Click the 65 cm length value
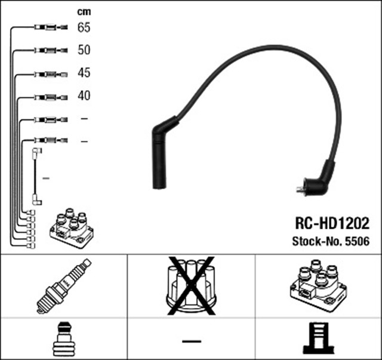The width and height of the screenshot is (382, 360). click(84, 27)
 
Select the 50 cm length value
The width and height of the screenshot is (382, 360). click(84, 50)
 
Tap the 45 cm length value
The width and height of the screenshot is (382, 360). click(84, 73)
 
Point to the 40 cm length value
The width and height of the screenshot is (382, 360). click(84, 96)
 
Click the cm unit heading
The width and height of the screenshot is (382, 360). click(84, 11)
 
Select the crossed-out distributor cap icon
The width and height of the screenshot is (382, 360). click(191, 285)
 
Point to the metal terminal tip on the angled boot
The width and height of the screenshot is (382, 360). click(298, 190)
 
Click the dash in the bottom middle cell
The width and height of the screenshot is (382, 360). click(191, 341)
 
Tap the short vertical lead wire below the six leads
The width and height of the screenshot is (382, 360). click(37, 177)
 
